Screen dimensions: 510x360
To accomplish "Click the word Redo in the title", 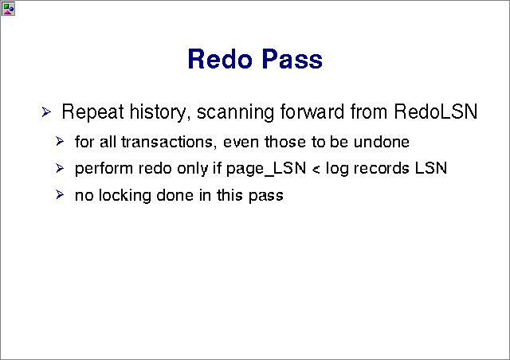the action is (220, 59).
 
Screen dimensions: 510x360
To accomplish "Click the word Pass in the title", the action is (292, 59).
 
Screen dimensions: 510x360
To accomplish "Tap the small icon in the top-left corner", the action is (8, 9).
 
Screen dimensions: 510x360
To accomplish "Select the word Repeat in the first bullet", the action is (92, 112).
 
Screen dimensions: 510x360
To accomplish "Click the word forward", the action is (312, 112).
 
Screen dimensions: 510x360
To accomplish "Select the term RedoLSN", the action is (436, 112).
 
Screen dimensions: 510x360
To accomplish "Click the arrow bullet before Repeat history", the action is (46, 112).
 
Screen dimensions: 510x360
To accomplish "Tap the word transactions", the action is (167, 142).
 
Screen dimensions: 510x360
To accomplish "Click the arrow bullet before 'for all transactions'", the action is (60, 141).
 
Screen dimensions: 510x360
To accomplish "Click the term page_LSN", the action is (266, 169).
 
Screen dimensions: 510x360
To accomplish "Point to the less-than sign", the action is (316, 170).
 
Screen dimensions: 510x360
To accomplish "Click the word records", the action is (381, 169).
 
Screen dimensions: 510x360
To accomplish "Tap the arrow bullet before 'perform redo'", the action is (60, 168).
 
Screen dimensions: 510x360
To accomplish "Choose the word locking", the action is (125, 196).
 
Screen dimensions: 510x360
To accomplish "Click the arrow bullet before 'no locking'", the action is (60, 195).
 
